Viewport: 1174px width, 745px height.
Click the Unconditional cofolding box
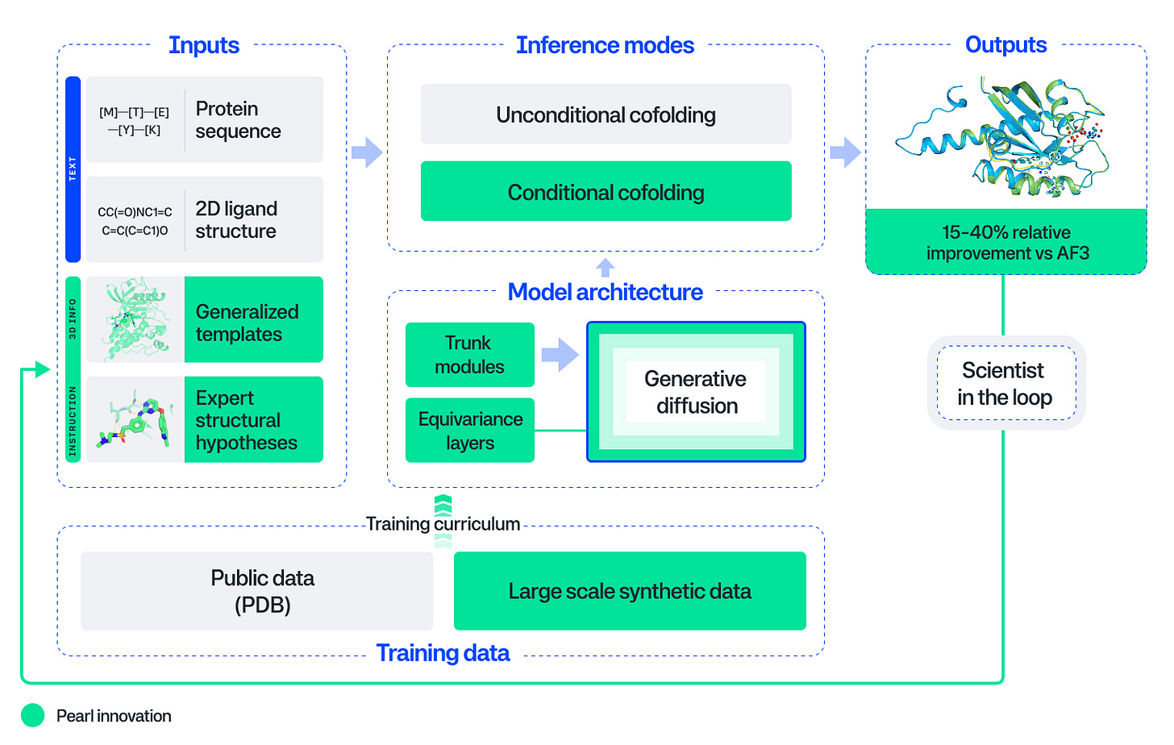pyautogui.click(x=606, y=114)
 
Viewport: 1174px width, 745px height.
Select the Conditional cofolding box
pyautogui.click(x=606, y=192)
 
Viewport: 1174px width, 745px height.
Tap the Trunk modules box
pyautogui.click(x=469, y=355)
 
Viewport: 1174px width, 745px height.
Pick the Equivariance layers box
pyautogui.click(x=469, y=431)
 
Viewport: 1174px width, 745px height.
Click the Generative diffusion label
pyautogui.click(x=696, y=392)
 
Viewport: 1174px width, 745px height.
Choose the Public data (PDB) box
pyautogui.click(x=256, y=591)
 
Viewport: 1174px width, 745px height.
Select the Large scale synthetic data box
pyautogui.click(x=630, y=591)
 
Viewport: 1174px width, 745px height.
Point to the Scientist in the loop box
pyautogui.click(x=1005, y=383)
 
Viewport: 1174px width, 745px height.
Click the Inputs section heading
pyautogui.click(x=203, y=45)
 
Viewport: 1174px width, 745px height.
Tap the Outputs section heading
pyautogui.click(x=1005, y=45)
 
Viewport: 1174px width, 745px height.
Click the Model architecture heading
pyautogui.click(x=605, y=292)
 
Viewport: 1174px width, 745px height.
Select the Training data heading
pyautogui.click(x=443, y=653)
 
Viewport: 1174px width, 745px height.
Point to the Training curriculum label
pyautogui.click(x=443, y=524)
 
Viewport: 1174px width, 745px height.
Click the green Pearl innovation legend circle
pyautogui.click(x=33, y=715)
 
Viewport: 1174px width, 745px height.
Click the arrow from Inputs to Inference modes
pyautogui.click(x=367, y=152)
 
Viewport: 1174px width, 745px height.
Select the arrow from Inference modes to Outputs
pyautogui.click(x=845, y=152)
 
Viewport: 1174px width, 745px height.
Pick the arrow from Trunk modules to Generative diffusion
pyautogui.click(x=560, y=355)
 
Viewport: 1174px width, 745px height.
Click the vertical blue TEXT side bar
pyautogui.click(x=73, y=169)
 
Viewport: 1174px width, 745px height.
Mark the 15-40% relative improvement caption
pyautogui.click(x=1006, y=242)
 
